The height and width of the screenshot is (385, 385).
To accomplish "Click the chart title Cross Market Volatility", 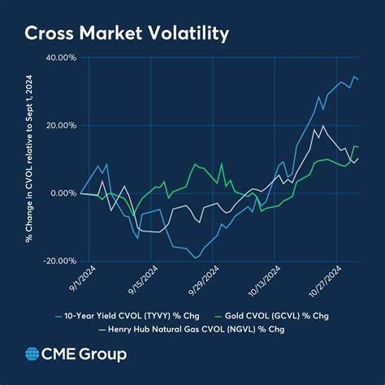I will [126, 33].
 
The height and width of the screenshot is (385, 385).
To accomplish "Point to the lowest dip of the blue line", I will [196, 257].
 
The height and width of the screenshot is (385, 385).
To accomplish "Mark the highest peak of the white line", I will [324, 126].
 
